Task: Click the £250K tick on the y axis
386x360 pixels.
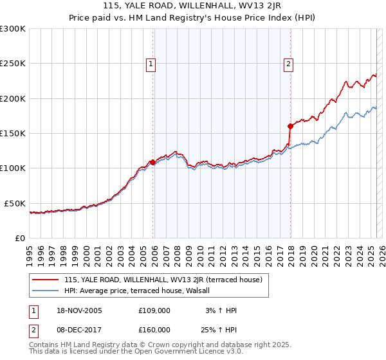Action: click(13, 64)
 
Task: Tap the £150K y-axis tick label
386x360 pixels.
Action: click(13, 133)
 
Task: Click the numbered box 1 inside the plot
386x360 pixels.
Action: click(151, 64)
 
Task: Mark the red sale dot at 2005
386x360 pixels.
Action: click(152, 162)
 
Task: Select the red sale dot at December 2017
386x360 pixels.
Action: click(291, 126)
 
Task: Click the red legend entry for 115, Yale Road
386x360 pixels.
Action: click(163, 280)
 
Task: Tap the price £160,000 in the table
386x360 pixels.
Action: click(154, 329)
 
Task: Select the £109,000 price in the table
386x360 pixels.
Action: click(154, 310)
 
